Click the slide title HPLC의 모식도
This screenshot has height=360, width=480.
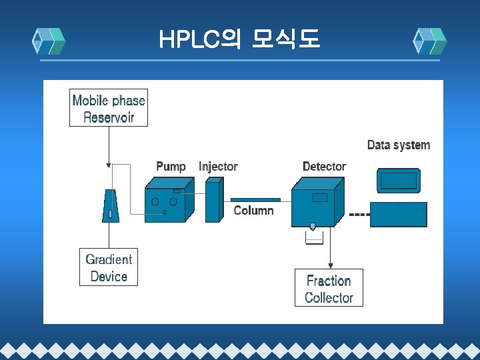(x=239, y=41)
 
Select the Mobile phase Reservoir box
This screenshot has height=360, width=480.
(x=109, y=108)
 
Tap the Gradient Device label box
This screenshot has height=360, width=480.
(x=109, y=267)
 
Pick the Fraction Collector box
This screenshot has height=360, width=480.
(x=329, y=288)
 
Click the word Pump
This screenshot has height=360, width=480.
(x=171, y=166)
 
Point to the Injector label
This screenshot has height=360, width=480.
(x=218, y=166)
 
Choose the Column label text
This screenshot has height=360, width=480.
(x=253, y=211)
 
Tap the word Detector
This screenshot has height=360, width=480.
(x=324, y=166)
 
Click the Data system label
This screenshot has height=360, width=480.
(x=399, y=145)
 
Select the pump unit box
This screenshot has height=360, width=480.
(x=167, y=200)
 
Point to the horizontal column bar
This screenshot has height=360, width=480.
(x=255, y=199)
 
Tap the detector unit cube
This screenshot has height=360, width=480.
(x=317, y=203)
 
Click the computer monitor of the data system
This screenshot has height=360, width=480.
(x=399, y=180)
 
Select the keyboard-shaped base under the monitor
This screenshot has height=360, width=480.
(x=398, y=215)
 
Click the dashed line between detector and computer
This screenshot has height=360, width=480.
(x=360, y=215)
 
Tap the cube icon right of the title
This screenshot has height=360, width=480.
(x=430, y=41)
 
